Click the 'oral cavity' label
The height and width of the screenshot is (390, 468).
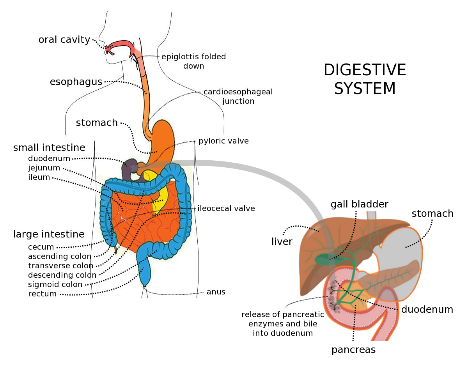64,40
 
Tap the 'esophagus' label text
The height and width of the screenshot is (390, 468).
76,82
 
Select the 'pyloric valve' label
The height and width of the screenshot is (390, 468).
223,141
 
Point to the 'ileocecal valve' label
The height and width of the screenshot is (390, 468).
226,208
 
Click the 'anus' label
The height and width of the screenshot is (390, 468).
216,292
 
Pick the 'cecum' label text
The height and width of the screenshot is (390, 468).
41,247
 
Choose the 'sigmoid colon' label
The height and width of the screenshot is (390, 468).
55,284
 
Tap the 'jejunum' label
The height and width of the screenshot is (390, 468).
44,168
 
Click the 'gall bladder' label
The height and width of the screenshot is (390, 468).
360,204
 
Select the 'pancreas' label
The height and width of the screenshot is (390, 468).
353,350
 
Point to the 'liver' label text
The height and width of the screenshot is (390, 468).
282,242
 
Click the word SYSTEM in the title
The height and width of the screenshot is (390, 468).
365,89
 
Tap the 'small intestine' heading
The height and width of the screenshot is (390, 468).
49,148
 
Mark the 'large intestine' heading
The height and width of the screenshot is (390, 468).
49,234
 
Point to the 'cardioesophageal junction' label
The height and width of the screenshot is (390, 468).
238,97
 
